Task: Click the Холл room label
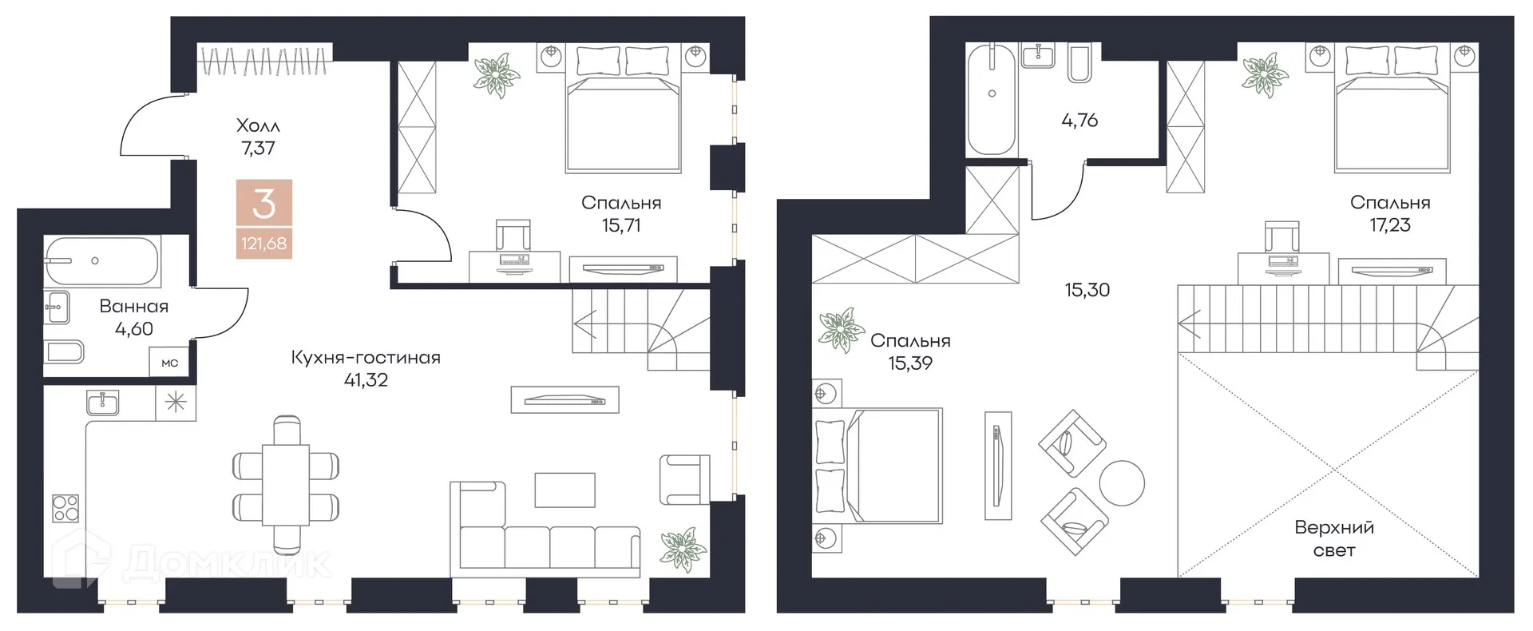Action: pyautogui.click(x=258, y=125)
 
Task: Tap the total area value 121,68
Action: pyautogui.click(x=264, y=243)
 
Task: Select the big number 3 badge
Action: pyautogui.click(x=264, y=204)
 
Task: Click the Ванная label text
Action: pyautogui.click(x=134, y=307)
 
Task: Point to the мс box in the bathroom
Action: pyautogui.click(x=170, y=363)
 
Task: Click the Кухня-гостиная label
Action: pyautogui.click(x=366, y=358)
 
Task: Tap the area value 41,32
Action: pyautogui.click(x=366, y=380)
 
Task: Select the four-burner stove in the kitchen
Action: pyautogui.click(x=65, y=508)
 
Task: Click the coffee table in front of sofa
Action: pyautogui.click(x=564, y=490)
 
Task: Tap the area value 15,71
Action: pyautogui.click(x=621, y=225)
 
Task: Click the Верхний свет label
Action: pyautogui.click(x=1334, y=538)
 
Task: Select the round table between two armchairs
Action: pyautogui.click(x=1122, y=483)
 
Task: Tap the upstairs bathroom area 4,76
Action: pyautogui.click(x=1079, y=121)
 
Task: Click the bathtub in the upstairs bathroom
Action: pyautogui.click(x=992, y=99)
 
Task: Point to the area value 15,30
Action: pyautogui.click(x=1087, y=290)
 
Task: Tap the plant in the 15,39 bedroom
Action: pyautogui.click(x=839, y=329)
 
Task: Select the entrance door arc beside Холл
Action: pyautogui.click(x=148, y=128)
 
